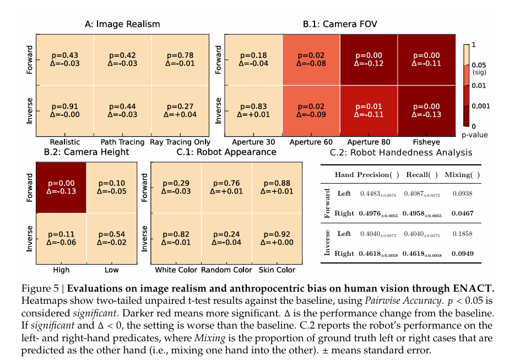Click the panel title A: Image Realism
(x=122, y=24)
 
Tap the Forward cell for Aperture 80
(x=368, y=60)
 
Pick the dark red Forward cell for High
(x=61, y=187)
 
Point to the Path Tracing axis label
(x=122, y=142)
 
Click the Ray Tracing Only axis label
(x=180, y=142)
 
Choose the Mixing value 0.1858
(x=462, y=234)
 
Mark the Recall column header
(x=421, y=175)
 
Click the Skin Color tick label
(x=277, y=270)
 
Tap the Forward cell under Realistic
(x=64, y=60)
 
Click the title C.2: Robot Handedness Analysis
(x=401, y=152)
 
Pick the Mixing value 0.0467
(x=462, y=213)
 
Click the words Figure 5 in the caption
(x=40, y=288)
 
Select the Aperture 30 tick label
(x=253, y=142)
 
